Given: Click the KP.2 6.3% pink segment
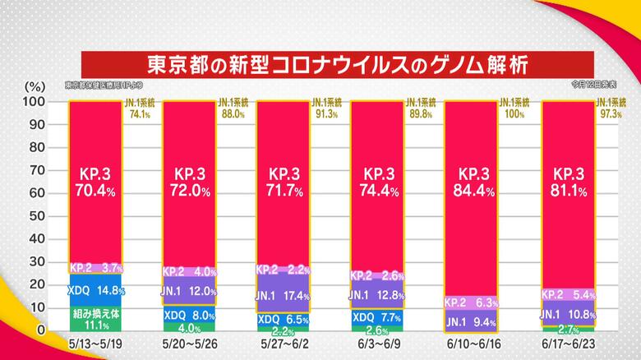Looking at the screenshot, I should coord(473,302).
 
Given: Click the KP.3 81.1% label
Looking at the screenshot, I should coord(568,184).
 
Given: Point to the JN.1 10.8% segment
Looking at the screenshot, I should coord(568,312).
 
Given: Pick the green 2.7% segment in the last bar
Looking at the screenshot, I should coord(568,329).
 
